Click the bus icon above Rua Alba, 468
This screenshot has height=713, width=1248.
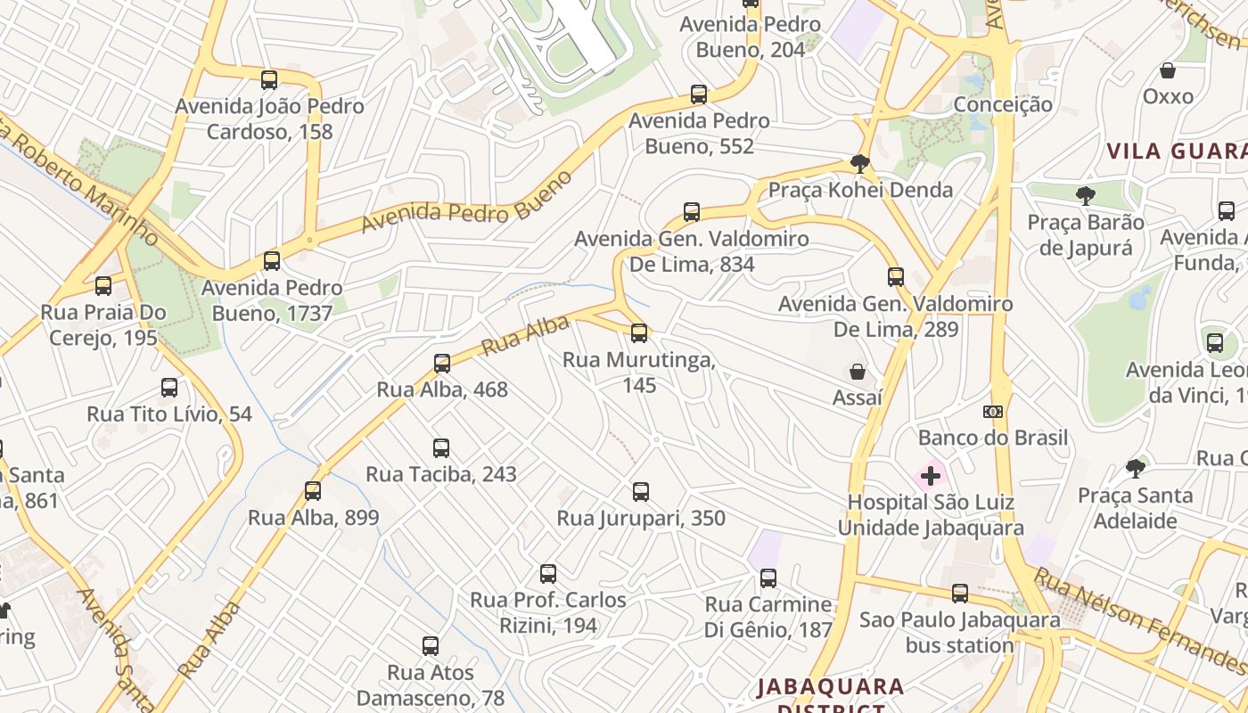pyautogui.click(x=442, y=363)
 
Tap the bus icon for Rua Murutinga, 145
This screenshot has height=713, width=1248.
pyautogui.click(x=639, y=333)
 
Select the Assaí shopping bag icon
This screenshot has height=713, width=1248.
pyautogui.click(x=858, y=371)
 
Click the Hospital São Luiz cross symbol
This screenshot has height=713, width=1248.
pyautogui.click(x=931, y=476)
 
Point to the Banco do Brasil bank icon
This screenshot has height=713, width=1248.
pyautogui.click(x=993, y=412)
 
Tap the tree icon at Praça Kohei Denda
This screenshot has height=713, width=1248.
pyautogui.click(x=860, y=163)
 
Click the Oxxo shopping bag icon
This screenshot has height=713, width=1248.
pyautogui.click(x=1168, y=70)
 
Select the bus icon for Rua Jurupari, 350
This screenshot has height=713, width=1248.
pyautogui.click(x=641, y=491)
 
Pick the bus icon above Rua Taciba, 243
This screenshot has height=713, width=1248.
pyautogui.click(x=441, y=447)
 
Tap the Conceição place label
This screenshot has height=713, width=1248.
pyautogui.click(x=1003, y=104)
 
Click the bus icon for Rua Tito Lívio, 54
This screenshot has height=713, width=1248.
pyautogui.click(x=169, y=387)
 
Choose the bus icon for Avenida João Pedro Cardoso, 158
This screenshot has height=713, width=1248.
pyautogui.click(x=269, y=79)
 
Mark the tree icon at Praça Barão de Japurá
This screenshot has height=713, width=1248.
pyautogui.click(x=1085, y=195)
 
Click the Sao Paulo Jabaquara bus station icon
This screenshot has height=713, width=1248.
pyautogui.click(x=960, y=593)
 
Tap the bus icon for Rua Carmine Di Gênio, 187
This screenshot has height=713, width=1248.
pyautogui.click(x=768, y=578)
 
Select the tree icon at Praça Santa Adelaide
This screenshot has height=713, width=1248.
pyautogui.click(x=1136, y=468)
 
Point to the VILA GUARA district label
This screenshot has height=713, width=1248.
pyautogui.click(x=1176, y=151)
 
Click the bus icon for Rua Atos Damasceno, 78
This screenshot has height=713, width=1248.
pyautogui.click(x=431, y=645)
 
